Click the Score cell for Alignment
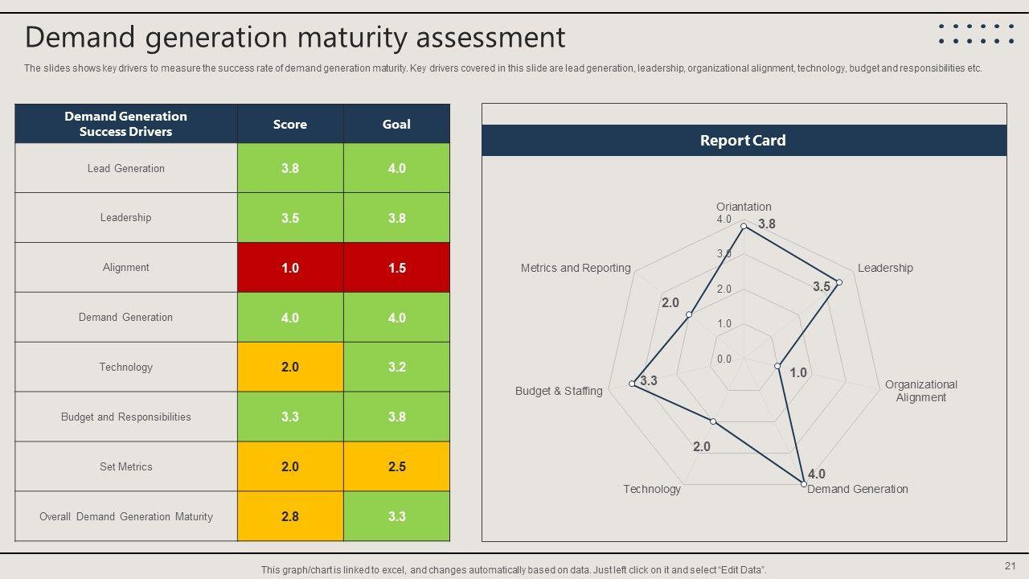point(290,268)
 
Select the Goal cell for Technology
point(396,367)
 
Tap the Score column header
point(290,124)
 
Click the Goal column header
point(396,124)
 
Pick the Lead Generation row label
point(126,168)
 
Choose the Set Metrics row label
point(126,466)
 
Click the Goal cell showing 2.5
point(396,466)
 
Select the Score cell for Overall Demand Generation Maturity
point(290,516)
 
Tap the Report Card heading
point(743,140)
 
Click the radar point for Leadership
point(838,282)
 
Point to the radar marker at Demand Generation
point(804,483)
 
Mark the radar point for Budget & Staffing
point(633,384)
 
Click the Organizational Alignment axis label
point(921,391)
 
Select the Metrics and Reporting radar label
point(576,268)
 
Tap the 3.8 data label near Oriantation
point(767,224)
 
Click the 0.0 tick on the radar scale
point(724,359)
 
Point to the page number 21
point(1011,565)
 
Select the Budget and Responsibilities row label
point(126,417)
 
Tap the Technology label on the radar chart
point(652,489)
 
